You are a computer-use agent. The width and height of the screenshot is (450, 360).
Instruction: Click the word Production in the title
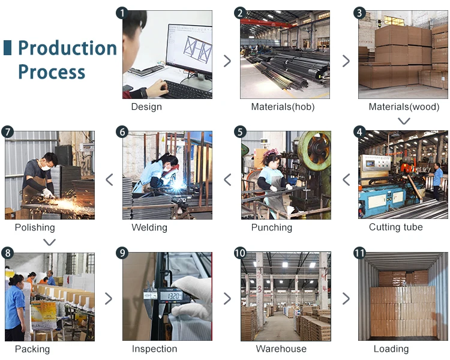(x=67, y=49)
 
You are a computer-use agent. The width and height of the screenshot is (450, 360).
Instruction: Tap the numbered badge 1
(x=122, y=13)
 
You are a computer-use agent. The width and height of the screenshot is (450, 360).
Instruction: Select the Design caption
(x=146, y=107)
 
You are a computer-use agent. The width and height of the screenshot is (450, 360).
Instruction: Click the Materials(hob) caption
(x=283, y=107)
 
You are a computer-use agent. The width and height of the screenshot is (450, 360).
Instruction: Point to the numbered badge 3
(x=360, y=13)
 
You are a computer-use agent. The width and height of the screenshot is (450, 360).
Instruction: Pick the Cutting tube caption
(x=395, y=227)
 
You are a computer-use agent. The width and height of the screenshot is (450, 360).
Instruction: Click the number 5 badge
(x=241, y=132)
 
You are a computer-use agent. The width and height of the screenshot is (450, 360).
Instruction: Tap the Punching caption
(x=271, y=227)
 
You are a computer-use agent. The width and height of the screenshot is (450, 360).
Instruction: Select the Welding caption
(x=149, y=227)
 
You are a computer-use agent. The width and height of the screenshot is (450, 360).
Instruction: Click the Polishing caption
(x=35, y=227)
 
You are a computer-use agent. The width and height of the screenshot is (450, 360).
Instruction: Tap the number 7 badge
(x=8, y=132)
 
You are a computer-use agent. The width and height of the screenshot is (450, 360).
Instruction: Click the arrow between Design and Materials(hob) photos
(x=227, y=61)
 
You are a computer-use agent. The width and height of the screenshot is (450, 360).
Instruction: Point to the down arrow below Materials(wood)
(x=404, y=121)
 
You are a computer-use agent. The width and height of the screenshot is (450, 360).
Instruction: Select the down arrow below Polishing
(x=50, y=242)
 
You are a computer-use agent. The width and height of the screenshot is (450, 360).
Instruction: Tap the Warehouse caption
(x=281, y=349)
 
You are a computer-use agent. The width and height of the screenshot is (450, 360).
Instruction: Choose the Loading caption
(x=391, y=349)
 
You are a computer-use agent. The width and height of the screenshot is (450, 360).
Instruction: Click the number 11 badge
(x=360, y=253)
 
